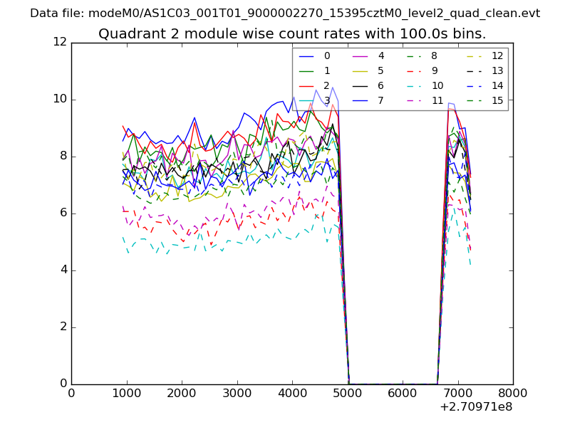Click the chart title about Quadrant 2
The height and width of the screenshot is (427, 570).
tap(292, 33)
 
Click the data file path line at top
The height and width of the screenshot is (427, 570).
tap(285, 13)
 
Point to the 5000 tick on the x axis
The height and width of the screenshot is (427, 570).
tap(347, 394)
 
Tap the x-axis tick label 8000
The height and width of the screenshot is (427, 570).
tap(513, 394)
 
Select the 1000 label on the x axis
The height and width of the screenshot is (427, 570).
tap(126, 394)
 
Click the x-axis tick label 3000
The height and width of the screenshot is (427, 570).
tap(237, 394)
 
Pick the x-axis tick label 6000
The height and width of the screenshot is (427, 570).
tap(403, 394)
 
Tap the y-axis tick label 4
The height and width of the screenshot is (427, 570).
tap(63, 270)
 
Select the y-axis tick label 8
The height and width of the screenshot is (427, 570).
tap(63, 157)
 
